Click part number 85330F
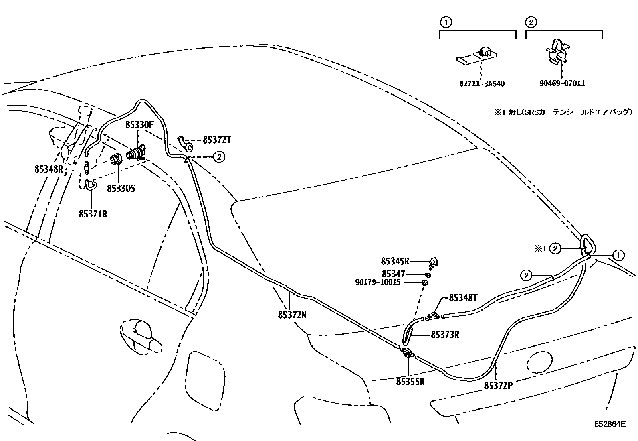(x=139, y=125)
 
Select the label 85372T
(x=217, y=140)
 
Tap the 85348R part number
(x=48, y=169)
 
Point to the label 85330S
(x=121, y=188)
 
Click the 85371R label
(x=93, y=214)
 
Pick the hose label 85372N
(x=292, y=315)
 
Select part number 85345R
(x=395, y=262)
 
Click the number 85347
(x=393, y=274)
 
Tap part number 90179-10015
(x=378, y=282)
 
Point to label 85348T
(x=463, y=298)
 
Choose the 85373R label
(x=445, y=335)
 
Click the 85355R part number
(x=410, y=382)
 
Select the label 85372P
(x=498, y=386)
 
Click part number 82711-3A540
(x=482, y=84)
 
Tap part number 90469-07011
(x=561, y=83)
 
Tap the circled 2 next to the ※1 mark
(x=555, y=249)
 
